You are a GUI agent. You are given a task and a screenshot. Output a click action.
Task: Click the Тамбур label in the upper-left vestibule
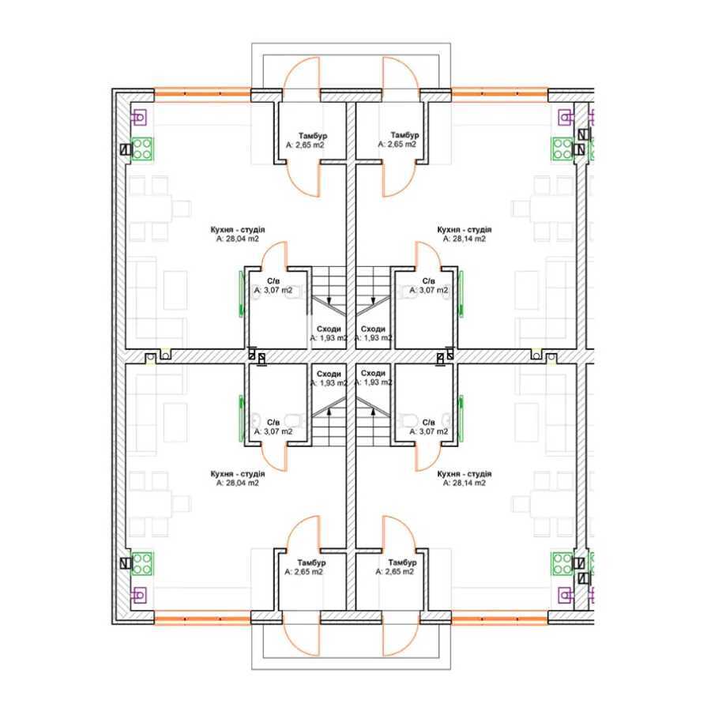[x=306, y=136]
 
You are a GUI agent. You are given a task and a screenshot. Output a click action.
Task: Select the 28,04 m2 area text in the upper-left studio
[x=238, y=238]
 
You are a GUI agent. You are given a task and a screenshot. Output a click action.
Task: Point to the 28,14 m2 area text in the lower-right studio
[x=464, y=483]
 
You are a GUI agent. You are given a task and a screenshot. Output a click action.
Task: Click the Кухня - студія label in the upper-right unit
[x=464, y=228]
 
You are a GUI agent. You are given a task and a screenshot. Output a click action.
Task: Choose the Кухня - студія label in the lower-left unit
[x=238, y=473]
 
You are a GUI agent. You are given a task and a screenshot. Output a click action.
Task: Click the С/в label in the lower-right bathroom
[x=428, y=423]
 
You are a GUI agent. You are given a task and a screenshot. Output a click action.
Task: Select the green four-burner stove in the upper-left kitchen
[x=142, y=149]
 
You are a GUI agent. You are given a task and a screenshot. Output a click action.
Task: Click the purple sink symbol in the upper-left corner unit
[x=140, y=118]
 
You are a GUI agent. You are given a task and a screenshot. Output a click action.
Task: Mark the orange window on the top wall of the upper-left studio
[x=201, y=93]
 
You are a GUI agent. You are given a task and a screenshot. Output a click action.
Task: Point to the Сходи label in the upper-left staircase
[x=329, y=329]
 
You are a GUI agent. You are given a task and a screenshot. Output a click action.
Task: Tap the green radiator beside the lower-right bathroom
[x=461, y=415]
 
